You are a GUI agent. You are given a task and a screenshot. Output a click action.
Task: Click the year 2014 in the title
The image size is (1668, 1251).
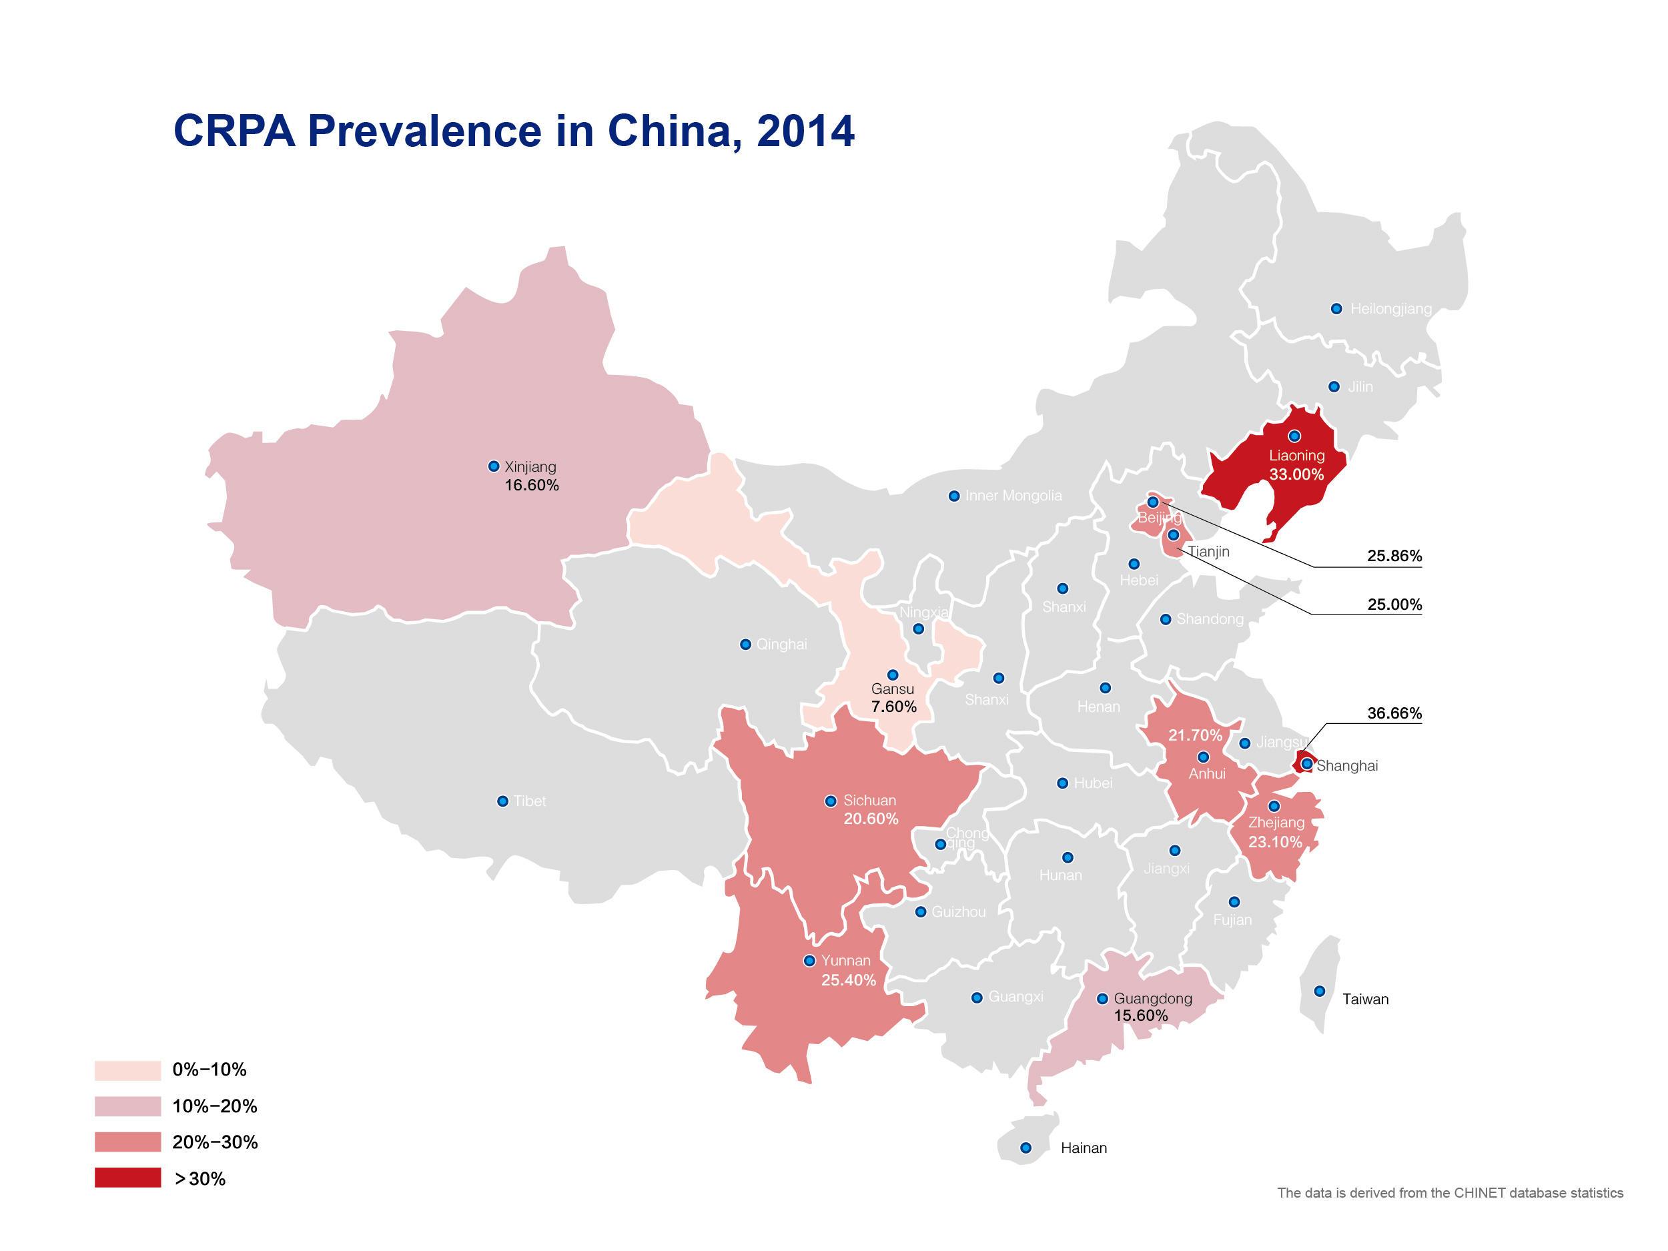click(805, 131)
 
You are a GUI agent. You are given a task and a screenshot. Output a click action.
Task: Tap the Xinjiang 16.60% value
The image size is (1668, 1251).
click(532, 486)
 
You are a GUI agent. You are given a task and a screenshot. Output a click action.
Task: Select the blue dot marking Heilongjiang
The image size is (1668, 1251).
click(1336, 308)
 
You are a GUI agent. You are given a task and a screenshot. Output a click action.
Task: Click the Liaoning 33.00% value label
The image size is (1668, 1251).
click(1296, 474)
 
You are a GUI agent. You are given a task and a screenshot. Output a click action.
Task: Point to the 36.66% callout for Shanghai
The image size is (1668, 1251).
click(1394, 713)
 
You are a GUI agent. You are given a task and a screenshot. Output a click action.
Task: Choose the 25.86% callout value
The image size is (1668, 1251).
click(1394, 556)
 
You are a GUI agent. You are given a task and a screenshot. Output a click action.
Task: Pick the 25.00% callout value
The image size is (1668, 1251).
click(1394, 604)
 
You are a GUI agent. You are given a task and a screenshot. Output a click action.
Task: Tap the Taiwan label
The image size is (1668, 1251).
click(1365, 999)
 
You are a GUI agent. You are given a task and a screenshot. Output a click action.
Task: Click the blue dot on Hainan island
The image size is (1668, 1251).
click(1025, 1148)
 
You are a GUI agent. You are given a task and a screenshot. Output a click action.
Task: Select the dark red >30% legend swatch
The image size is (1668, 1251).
click(127, 1178)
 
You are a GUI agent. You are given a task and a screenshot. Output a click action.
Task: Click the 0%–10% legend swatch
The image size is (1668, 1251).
click(127, 1070)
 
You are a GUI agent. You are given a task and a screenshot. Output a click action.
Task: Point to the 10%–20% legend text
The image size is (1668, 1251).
click(215, 1106)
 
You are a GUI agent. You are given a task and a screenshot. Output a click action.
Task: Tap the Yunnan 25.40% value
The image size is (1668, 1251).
click(848, 980)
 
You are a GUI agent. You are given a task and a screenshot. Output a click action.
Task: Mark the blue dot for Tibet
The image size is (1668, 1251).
click(502, 801)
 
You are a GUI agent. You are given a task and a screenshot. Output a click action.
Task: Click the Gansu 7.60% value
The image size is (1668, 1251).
click(893, 707)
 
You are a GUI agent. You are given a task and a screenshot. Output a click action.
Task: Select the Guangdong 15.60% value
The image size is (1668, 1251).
click(1141, 1015)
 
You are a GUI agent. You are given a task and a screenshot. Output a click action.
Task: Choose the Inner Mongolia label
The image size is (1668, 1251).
click(1013, 496)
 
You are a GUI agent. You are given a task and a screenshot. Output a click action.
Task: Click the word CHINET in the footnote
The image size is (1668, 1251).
click(1481, 1193)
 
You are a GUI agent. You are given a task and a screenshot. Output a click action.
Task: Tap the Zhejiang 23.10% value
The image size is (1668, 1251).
click(1275, 841)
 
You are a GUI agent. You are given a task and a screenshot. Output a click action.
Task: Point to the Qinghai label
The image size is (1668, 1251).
click(781, 644)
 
